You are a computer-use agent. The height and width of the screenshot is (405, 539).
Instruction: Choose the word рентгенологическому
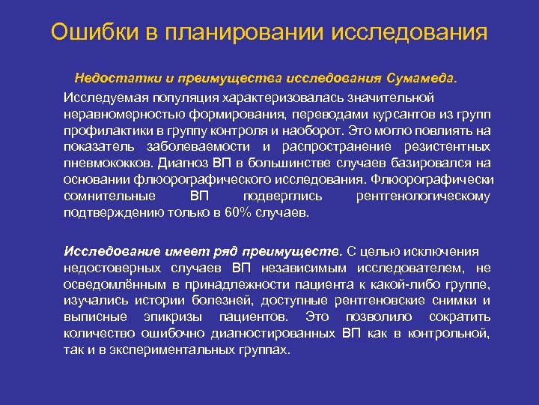click(423, 196)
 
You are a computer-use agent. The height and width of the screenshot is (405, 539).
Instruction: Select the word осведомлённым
click(112, 284)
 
